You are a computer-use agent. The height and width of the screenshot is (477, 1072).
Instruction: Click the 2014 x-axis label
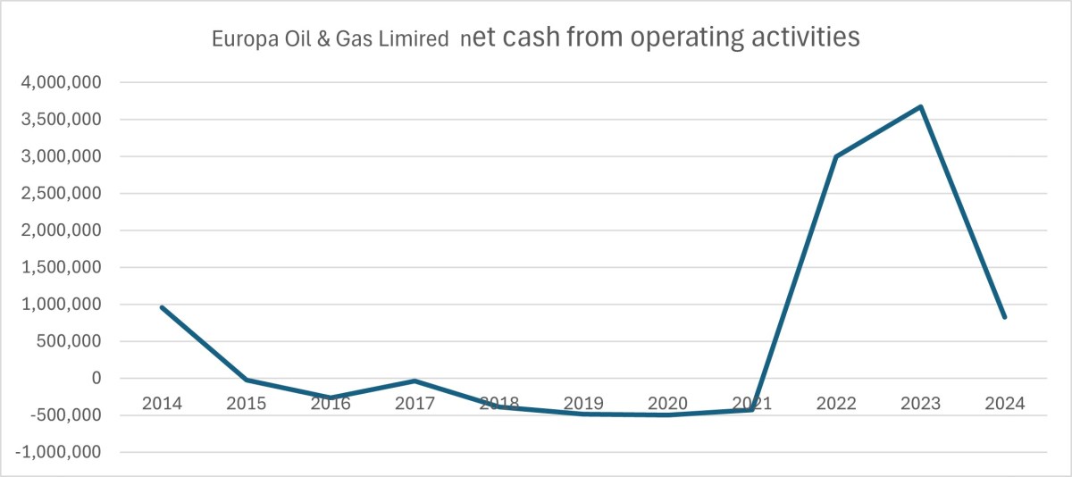162,404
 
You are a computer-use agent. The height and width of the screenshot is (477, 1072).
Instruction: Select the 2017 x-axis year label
415,404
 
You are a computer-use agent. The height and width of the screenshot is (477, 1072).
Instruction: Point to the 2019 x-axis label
583,404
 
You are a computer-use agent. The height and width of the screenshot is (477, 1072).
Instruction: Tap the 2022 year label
836,404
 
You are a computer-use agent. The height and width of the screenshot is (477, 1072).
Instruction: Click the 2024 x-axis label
1005,404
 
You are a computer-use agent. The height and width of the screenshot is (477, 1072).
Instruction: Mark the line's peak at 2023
920,107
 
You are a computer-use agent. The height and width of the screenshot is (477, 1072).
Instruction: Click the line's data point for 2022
836,156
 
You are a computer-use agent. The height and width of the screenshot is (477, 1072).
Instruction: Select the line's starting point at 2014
162,307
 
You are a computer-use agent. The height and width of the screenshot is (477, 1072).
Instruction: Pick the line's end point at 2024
1005,317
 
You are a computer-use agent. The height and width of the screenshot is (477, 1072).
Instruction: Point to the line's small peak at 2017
415,381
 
